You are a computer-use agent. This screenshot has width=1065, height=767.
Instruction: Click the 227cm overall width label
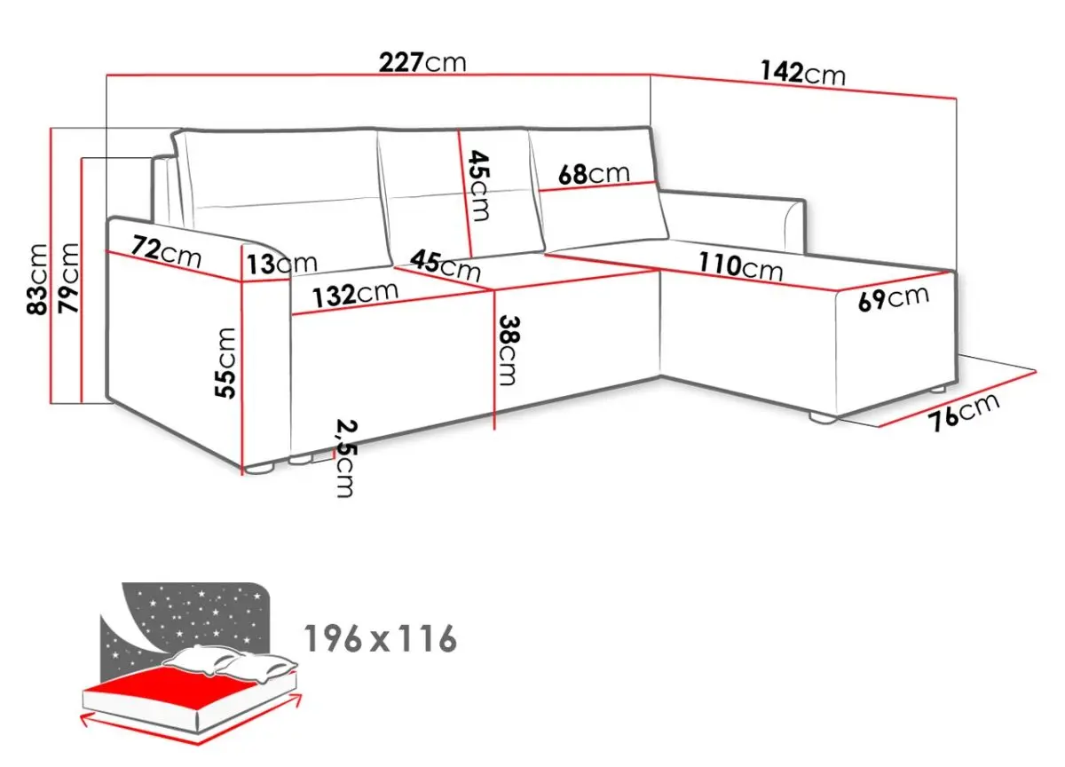pyautogui.click(x=422, y=63)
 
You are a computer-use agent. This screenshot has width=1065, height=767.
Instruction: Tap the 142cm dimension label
pyautogui.click(x=803, y=74)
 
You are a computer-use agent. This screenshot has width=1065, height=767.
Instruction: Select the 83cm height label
pyautogui.click(x=37, y=279)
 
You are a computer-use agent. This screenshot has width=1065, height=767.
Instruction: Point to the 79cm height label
pyautogui.click(x=68, y=278)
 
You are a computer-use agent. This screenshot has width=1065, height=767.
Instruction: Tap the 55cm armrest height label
pyautogui.click(x=225, y=363)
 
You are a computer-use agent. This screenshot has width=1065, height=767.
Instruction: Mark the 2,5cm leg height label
pyautogui.click(x=345, y=458)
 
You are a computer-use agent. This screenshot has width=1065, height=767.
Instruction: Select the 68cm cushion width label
pyautogui.click(x=594, y=174)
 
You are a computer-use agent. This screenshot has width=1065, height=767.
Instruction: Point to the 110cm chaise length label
pyautogui.click(x=740, y=266)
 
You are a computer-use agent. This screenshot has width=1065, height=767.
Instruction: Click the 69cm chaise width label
pyautogui.click(x=894, y=298)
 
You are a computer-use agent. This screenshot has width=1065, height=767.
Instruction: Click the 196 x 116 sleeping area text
pyautogui.click(x=381, y=638)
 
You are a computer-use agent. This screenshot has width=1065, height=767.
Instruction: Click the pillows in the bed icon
pyautogui.click(x=231, y=662)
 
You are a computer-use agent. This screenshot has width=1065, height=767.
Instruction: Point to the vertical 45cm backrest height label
pyautogui.click(x=479, y=186)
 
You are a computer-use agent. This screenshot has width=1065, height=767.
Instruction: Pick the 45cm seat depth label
pyautogui.click(x=446, y=265)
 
